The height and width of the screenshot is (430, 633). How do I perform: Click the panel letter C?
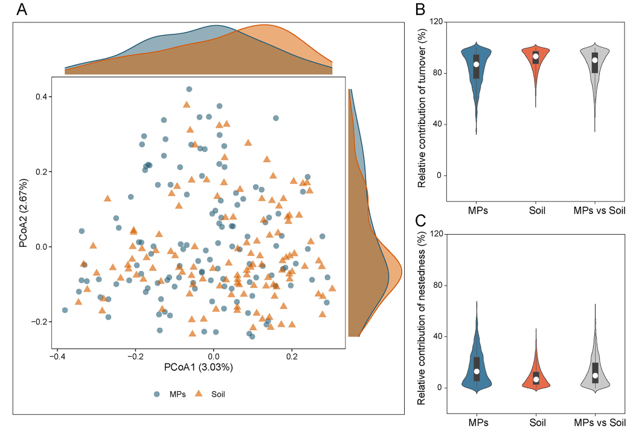pos(421,220)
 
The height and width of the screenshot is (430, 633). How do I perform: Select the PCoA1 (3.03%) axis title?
pos(199,366)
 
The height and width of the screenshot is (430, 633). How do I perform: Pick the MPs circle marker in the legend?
pos(157,394)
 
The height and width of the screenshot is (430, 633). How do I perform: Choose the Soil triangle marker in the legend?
pos(197,394)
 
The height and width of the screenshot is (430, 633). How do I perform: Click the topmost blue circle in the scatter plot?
pos(189,90)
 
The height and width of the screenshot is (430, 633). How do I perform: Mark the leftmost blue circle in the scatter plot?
pos(65,310)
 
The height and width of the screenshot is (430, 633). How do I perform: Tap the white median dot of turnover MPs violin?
pos(476,64)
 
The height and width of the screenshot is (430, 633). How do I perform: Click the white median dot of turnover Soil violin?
pos(535,57)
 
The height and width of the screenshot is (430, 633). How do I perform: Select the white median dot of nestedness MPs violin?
pos(476,371)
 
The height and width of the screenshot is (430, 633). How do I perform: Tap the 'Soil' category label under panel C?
pos(536,422)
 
